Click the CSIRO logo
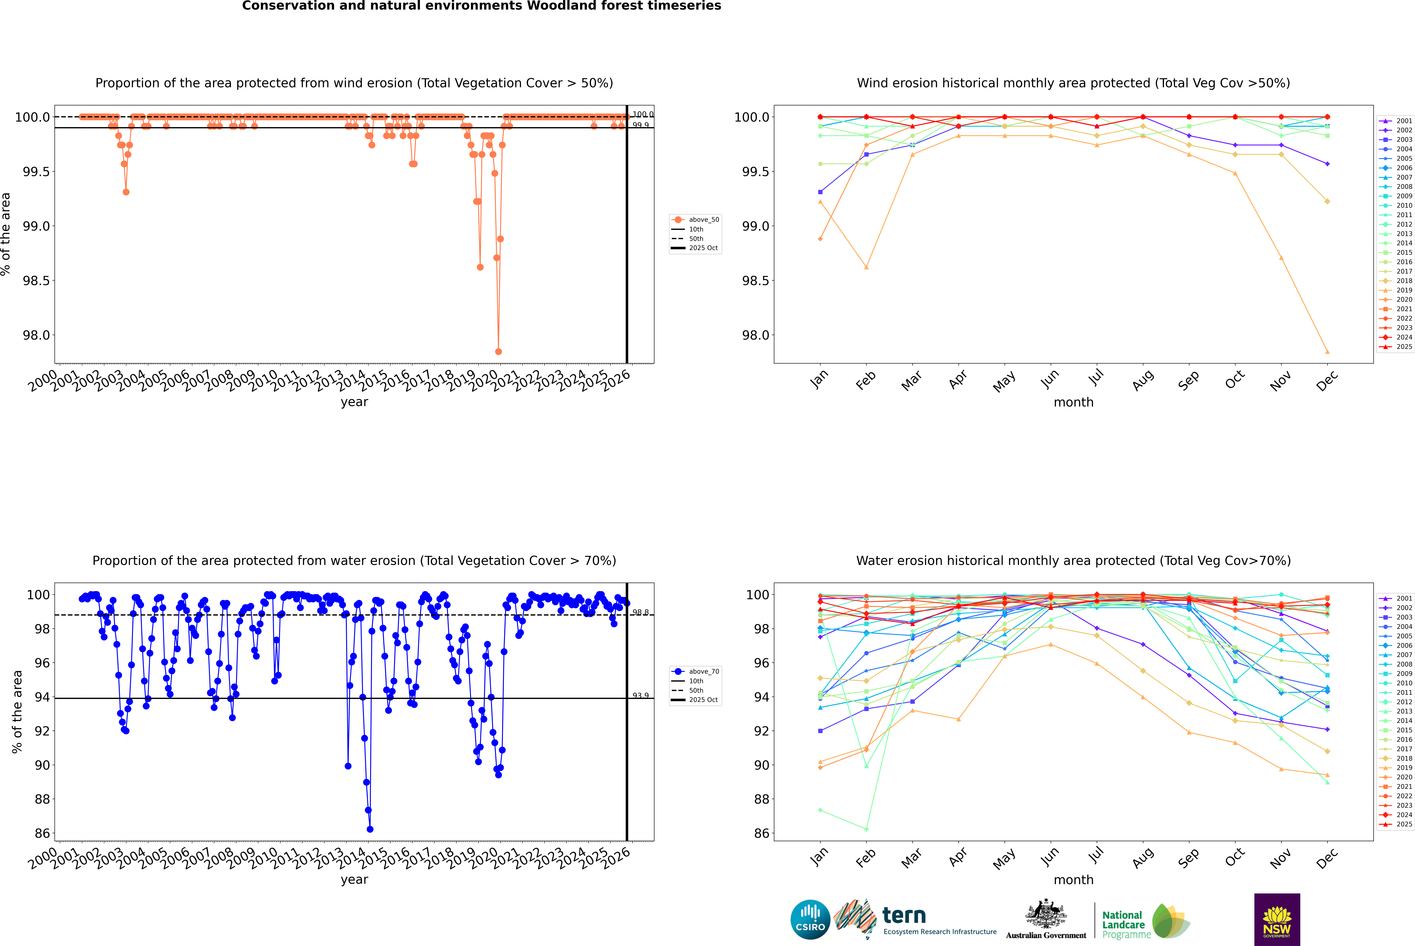tap(810, 919)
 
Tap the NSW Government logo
tap(1277, 919)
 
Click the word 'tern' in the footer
tap(904, 915)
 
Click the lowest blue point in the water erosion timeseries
tap(370, 829)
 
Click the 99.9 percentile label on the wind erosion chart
tap(641, 125)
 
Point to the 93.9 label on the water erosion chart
tap(641, 696)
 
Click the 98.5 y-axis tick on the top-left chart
tap(36, 281)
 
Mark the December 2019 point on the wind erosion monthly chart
tap(1327, 352)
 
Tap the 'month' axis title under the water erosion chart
tap(1073, 880)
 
